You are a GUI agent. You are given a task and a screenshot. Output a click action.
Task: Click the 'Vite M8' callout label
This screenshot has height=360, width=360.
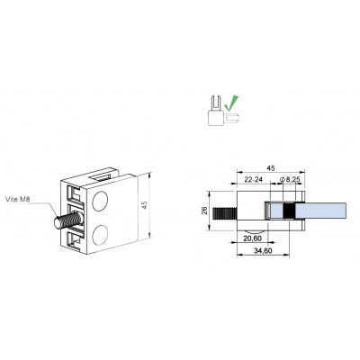tap(18, 199)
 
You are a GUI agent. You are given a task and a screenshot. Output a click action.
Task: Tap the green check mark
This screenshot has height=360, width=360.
tap(232, 103)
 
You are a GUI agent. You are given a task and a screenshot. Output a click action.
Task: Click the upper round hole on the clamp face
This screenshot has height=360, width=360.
tap(100, 201)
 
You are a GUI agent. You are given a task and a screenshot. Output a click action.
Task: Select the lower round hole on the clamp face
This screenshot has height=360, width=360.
tap(100, 234)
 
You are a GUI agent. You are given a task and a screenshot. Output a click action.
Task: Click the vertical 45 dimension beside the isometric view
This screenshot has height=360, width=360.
tap(144, 205)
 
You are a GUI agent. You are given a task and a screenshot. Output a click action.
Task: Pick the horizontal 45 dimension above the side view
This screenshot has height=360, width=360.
tap(271, 168)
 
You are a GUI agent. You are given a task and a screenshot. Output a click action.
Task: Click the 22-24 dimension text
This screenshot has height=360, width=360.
tap(254, 180)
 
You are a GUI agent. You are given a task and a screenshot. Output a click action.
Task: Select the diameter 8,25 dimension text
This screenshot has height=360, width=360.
tap(290, 180)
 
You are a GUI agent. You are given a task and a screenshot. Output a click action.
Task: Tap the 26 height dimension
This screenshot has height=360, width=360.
tap(204, 211)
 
